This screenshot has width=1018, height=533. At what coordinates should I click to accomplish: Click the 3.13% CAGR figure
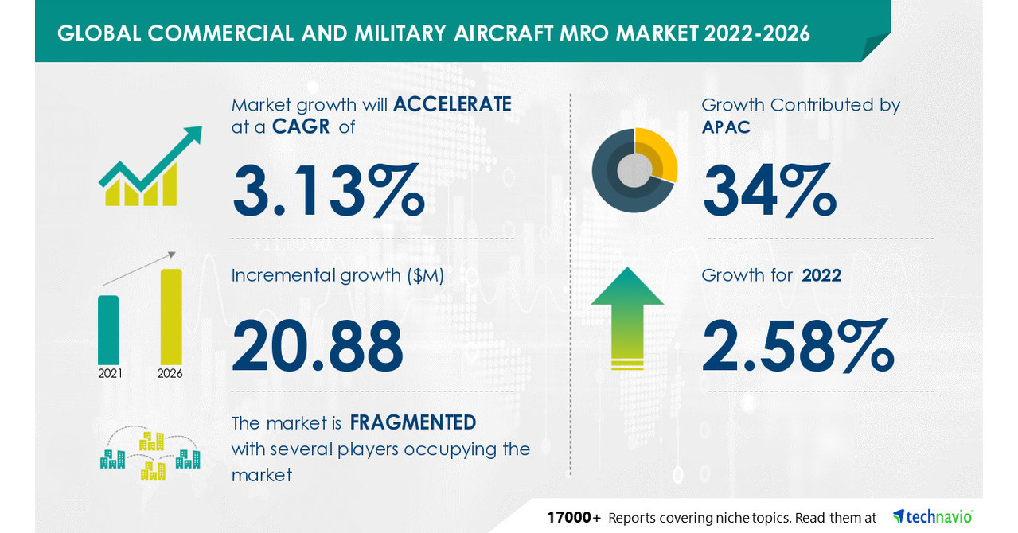328,191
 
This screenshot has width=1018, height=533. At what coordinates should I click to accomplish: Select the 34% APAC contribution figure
769,191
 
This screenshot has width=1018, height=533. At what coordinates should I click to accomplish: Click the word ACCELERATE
451,104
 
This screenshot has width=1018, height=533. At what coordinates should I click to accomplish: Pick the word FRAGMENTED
413,422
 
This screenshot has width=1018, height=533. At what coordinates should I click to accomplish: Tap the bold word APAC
726,127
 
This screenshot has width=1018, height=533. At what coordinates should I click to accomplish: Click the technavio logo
933,516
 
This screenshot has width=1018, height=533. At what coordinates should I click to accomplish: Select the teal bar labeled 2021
108,329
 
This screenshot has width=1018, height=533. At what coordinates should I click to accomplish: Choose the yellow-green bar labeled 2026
171,316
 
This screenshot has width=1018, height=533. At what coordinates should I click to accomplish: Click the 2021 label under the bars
110,373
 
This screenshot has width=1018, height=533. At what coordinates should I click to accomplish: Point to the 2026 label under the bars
170,373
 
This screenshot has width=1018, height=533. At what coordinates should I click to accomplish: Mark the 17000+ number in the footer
574,517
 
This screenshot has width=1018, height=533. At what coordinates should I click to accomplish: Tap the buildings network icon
150,456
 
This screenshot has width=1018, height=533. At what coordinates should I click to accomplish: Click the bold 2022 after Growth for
821,275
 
